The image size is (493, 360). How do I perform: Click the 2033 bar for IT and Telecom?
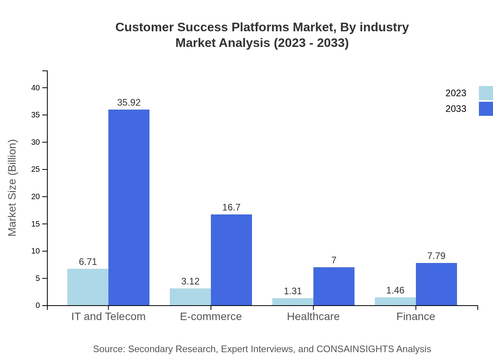point(129,207)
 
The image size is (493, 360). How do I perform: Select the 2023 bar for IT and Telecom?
point(88,287)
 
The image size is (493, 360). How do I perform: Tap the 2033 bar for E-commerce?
point(231,260)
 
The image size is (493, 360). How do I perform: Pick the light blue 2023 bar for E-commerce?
point(190,297)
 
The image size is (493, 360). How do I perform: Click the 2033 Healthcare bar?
point(334,286)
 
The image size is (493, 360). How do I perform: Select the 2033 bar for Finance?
point(436,284)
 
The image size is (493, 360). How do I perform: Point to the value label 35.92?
point(129,103)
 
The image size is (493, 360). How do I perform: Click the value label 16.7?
point(231,207)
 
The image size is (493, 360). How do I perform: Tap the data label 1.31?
point(293,291)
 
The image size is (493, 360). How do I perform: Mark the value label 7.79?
point(436,256)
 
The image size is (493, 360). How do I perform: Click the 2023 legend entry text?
point(456,93)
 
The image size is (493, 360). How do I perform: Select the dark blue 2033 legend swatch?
point(486,109)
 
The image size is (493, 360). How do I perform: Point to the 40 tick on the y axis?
point(36,88)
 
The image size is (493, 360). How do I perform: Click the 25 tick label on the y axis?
point(36,169)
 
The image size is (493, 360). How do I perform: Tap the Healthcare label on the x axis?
point(313,316)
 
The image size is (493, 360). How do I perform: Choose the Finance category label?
point(416,316)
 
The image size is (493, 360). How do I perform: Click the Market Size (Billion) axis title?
point(13,188)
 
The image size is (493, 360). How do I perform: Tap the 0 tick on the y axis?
point(38,305)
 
